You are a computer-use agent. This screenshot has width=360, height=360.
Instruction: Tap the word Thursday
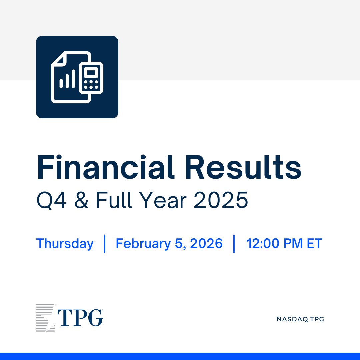[x=65, y=244]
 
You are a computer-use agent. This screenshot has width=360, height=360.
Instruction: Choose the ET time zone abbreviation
[x=315, y=244]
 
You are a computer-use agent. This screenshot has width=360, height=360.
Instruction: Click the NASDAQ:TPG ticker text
[x=300, y=319]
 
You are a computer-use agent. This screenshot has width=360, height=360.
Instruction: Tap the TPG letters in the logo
[x=80, y=318]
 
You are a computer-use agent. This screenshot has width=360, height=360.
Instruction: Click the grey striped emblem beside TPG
[x=45, y=318]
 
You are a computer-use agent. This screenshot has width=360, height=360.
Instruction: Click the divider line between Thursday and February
[x=105, y=244]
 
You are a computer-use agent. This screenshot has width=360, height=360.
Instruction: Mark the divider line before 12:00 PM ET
[x=234, y=244]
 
